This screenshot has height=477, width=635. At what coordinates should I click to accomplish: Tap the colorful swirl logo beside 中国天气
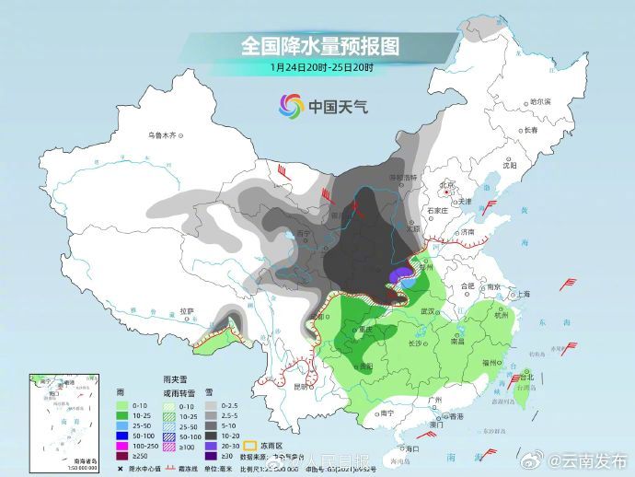click(x=292, y=106)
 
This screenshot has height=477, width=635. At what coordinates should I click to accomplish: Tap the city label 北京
click(x=448, y=184)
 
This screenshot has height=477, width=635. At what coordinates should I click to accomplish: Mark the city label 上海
click(x=523, y=295)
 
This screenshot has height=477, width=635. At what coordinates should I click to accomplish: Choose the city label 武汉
click(x=427, y=312)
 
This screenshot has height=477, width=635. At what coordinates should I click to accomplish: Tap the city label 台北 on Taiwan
click(x=526, y=378)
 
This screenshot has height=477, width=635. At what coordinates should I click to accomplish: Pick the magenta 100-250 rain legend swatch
click(x=121, y=445)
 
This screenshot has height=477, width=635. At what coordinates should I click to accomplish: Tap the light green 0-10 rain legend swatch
click(x=121, y=404)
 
